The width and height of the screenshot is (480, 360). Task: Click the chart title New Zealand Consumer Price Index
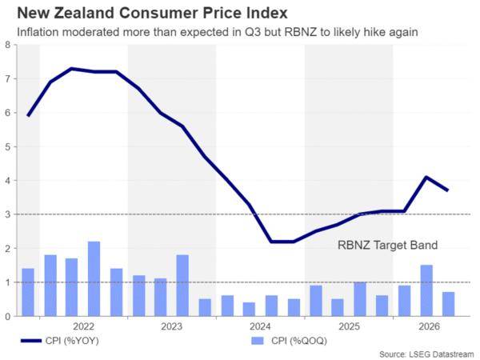(152, 13)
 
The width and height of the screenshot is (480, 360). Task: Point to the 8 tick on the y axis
(8, 45)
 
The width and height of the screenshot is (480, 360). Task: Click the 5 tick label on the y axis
(8, 146)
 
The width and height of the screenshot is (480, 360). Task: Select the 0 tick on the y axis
(8, 317)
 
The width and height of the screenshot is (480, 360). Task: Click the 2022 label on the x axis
(83, 326)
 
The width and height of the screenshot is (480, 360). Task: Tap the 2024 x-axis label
(260, 326)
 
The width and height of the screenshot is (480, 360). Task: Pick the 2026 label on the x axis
(429, 326)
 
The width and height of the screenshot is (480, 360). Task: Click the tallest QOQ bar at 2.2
(94, 279)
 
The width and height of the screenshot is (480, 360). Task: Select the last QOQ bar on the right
(449, 304)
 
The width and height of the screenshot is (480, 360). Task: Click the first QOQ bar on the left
(28, 292)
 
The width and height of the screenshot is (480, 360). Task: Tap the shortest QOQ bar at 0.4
(249, 309)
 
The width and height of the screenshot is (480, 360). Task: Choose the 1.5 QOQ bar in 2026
(426, 290)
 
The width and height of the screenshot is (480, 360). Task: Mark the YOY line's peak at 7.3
(72, 69)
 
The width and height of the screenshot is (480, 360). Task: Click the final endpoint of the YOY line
(448, 190)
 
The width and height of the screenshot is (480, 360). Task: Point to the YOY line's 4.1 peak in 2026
(426, 177)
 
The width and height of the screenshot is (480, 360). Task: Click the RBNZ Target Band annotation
(387, 246)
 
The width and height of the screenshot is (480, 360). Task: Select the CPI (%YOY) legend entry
(60, 341)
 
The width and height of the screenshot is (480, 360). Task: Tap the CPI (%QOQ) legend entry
(290, 341)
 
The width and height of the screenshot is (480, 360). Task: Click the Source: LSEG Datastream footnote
(426, 354)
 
